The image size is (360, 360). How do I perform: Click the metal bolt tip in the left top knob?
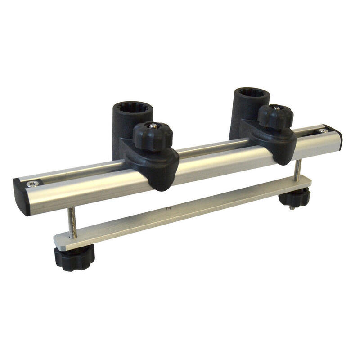click(153, 127)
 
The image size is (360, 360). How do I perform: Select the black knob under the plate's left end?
click(74, 257)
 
